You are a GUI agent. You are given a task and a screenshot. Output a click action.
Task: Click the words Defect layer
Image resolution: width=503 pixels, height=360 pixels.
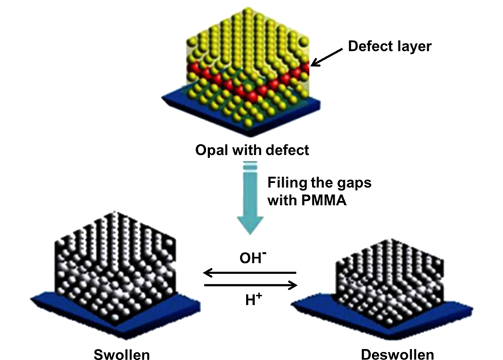point(390,46)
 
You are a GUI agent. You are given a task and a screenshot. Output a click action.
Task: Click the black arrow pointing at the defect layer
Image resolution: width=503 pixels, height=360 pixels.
point(327,58)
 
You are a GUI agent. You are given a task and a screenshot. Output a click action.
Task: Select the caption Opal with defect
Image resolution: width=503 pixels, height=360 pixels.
point(252,150)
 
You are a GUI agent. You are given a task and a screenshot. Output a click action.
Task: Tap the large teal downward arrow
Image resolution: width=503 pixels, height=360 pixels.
point(250,198)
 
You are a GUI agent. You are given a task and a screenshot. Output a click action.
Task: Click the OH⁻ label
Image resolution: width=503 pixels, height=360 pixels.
point(253,257)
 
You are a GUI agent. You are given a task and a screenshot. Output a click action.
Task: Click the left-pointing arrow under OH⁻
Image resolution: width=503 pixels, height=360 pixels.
point(250,273)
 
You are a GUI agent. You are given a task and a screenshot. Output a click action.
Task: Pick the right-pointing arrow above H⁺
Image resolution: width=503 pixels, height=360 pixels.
point(251,285)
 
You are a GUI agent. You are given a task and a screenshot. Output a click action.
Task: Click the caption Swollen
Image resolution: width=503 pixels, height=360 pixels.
point(121,354)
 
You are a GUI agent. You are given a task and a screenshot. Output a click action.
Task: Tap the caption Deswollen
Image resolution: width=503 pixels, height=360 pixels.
point(398,354)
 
